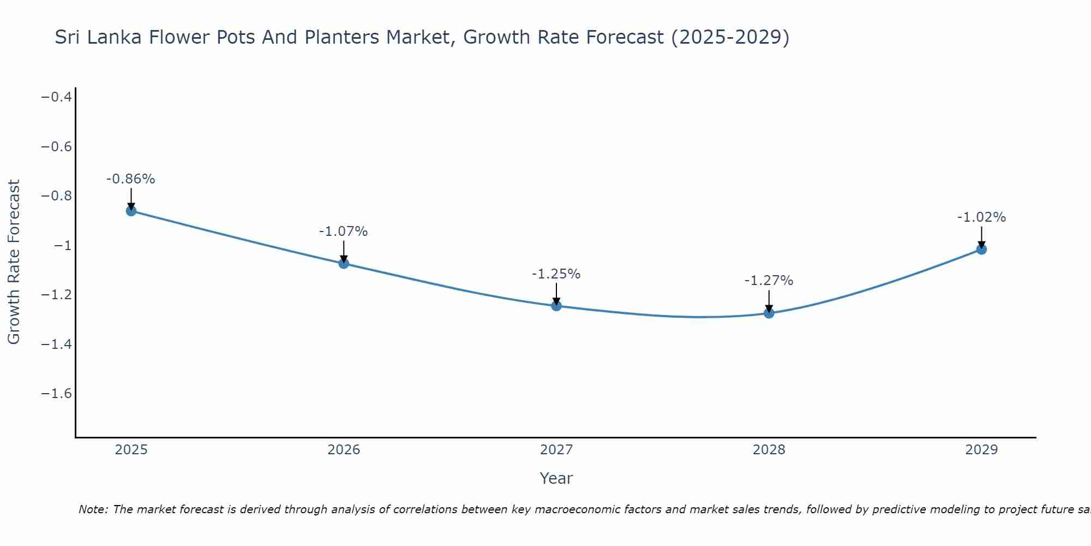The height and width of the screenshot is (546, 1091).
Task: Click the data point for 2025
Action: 131,211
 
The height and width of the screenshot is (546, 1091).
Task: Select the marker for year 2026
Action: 344,264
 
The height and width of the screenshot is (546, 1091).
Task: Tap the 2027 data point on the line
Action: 556,306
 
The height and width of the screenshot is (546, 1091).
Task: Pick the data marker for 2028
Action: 769,313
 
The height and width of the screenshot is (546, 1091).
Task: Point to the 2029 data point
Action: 981,250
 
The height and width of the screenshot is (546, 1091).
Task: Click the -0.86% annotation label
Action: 131,179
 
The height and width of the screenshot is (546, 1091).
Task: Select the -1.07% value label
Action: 344,232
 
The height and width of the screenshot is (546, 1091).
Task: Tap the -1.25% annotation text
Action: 556,274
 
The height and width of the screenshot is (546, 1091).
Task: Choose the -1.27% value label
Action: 769,281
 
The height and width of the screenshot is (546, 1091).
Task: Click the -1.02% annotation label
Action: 981,217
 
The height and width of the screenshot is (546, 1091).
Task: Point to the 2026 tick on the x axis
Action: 344,450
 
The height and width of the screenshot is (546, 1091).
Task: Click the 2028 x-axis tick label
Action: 769,450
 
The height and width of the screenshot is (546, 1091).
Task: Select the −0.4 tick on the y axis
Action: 57,97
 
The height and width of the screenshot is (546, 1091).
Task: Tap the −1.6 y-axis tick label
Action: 57,394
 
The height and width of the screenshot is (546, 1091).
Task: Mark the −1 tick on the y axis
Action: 63,246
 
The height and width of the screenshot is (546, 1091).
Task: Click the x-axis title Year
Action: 556,478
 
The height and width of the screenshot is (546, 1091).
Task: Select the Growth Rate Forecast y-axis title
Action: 14,262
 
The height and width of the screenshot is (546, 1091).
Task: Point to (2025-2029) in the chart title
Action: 730,37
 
